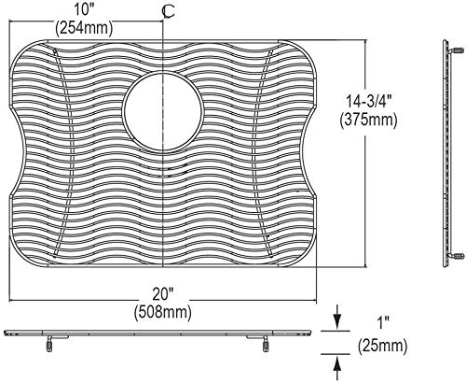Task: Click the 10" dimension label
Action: pyautogui.click(x=84, y=10)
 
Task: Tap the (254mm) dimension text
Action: pyautogui.click(x=84, y=28)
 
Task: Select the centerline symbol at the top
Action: pyautogui.click(x=168, y=12)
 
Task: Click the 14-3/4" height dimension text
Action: pyautogui.click(x=368, y=101)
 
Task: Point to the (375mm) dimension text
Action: pyautogui.click(x=368, y=120)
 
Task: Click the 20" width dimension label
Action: pyautogui.click(x=163, y=294)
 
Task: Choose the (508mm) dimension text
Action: pyautogui.click(x=163, y=312)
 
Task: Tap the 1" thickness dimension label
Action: pyautogui.click(x=382, y=324)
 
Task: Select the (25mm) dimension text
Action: pyautogui.click(x=382, y=346)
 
